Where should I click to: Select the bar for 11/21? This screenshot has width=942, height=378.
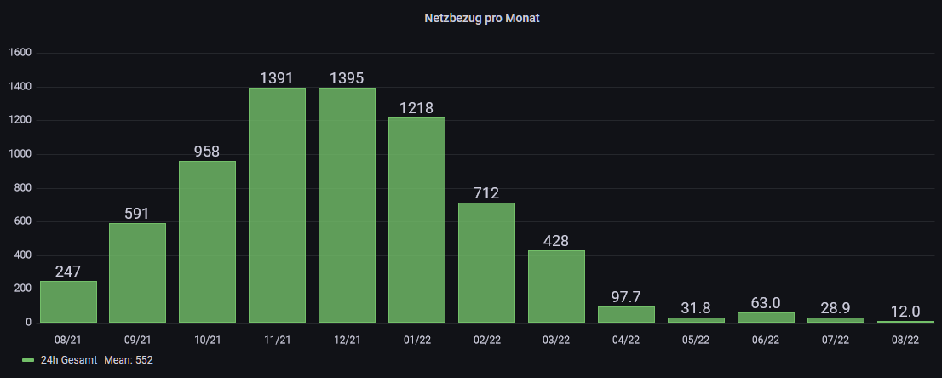[x=277, y=205]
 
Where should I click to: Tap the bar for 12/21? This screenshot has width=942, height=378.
[x=347, y=205]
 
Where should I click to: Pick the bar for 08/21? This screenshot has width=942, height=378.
[x=68, y=301]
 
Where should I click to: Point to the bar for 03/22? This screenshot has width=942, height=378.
[x=556, y=286]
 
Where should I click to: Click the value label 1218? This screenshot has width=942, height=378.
[x=416, y=108]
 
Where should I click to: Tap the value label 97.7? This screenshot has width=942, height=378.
[x=626, y=296]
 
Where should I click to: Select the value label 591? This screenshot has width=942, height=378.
[x=137, y=214]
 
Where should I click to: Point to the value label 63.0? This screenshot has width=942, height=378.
[x=766, y=302]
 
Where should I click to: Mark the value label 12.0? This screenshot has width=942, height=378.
[x=905, y=311]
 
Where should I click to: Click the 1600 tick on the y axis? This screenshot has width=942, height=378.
[x=20, y=53]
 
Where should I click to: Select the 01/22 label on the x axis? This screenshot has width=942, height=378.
[x=416, y=340]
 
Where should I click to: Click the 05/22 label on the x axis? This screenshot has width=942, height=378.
[x=696, y=340]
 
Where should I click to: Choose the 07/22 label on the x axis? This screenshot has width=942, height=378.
[x=836, y=340]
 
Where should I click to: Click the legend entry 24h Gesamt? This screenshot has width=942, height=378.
[x=69, y=360]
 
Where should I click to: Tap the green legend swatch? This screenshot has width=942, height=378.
[x=28, y=360]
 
